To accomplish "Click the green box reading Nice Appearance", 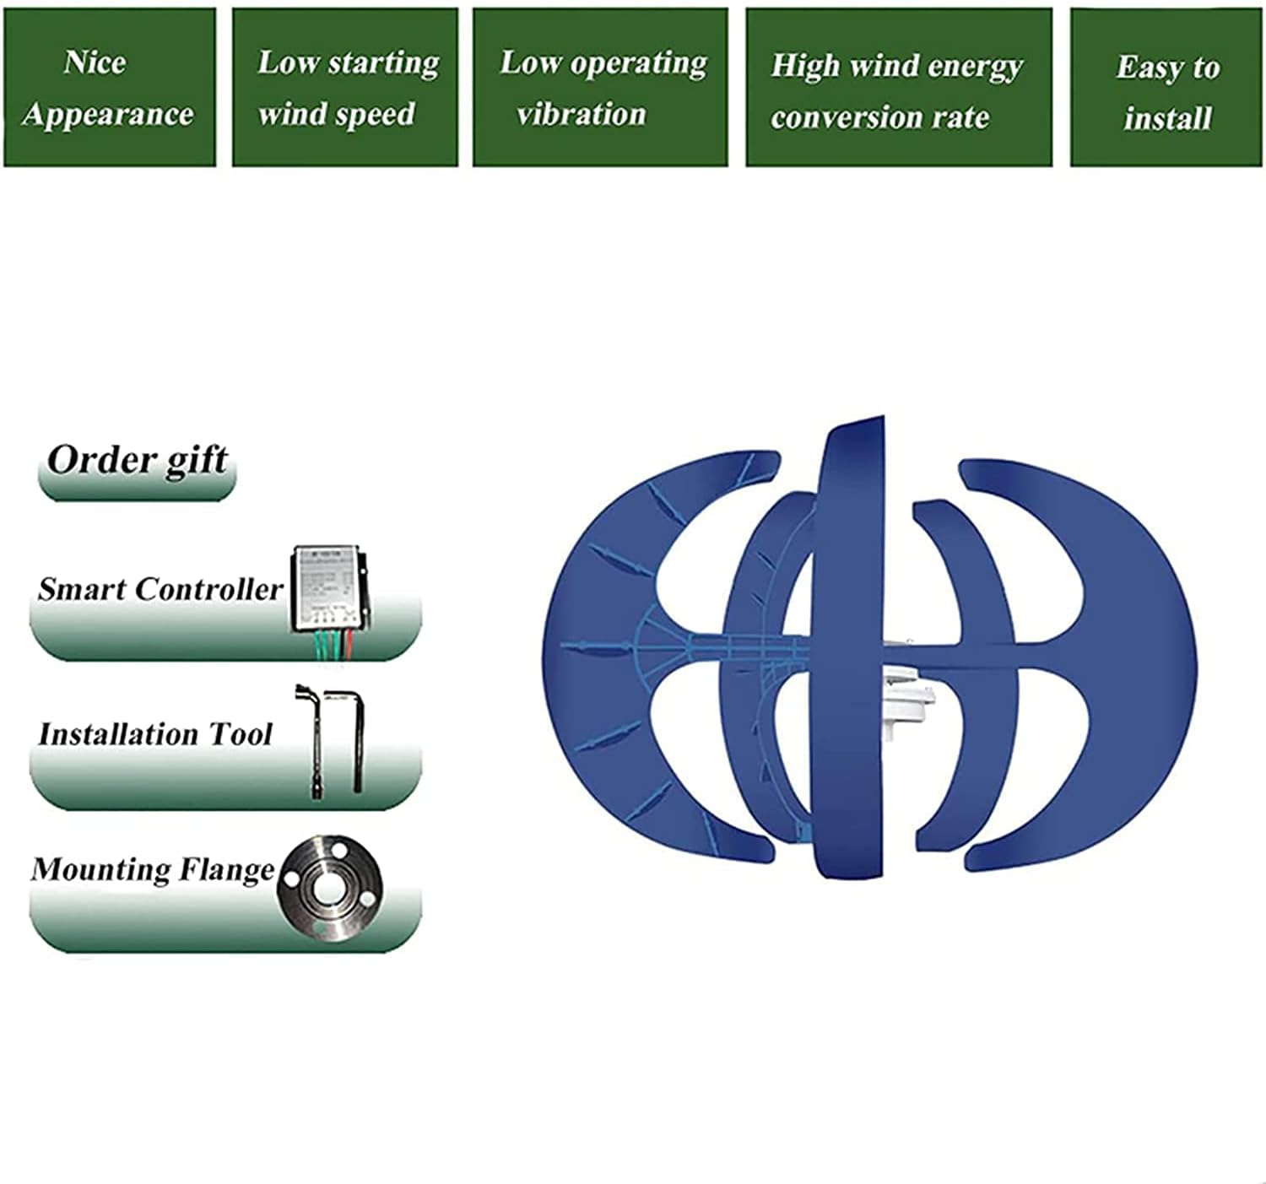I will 109,87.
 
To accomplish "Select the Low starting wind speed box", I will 344,87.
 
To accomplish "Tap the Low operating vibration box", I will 599,87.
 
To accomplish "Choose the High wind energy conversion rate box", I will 898,89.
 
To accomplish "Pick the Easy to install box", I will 1166,89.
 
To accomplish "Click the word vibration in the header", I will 582,114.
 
